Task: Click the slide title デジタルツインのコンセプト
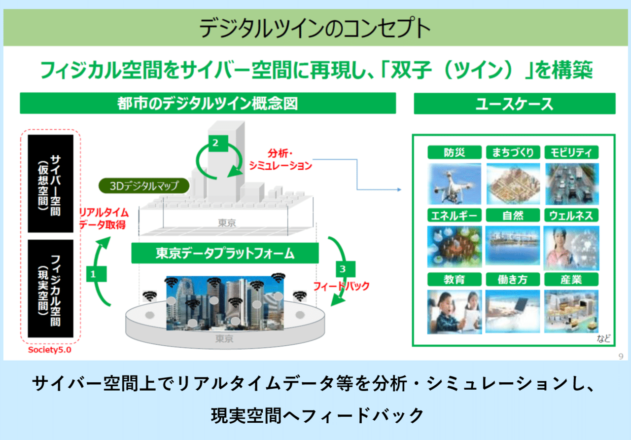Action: [x=315, y=29]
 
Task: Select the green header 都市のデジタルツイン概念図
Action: [x=208, y=104]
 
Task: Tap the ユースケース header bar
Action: [x=514, y=104]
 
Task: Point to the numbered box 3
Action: [x=344, y=269]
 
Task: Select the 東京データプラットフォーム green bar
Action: [x=225, y=254]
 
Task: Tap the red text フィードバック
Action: [x=341, y=286]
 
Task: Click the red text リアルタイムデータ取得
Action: [x=104, y=219]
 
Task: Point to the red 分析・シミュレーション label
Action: [x=280, y=159]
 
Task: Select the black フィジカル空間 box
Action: [x=50, y=289]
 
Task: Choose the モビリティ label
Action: [x=571, y=152]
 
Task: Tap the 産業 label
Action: [x=571, y=279]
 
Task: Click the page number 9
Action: [x=621, y=356]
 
